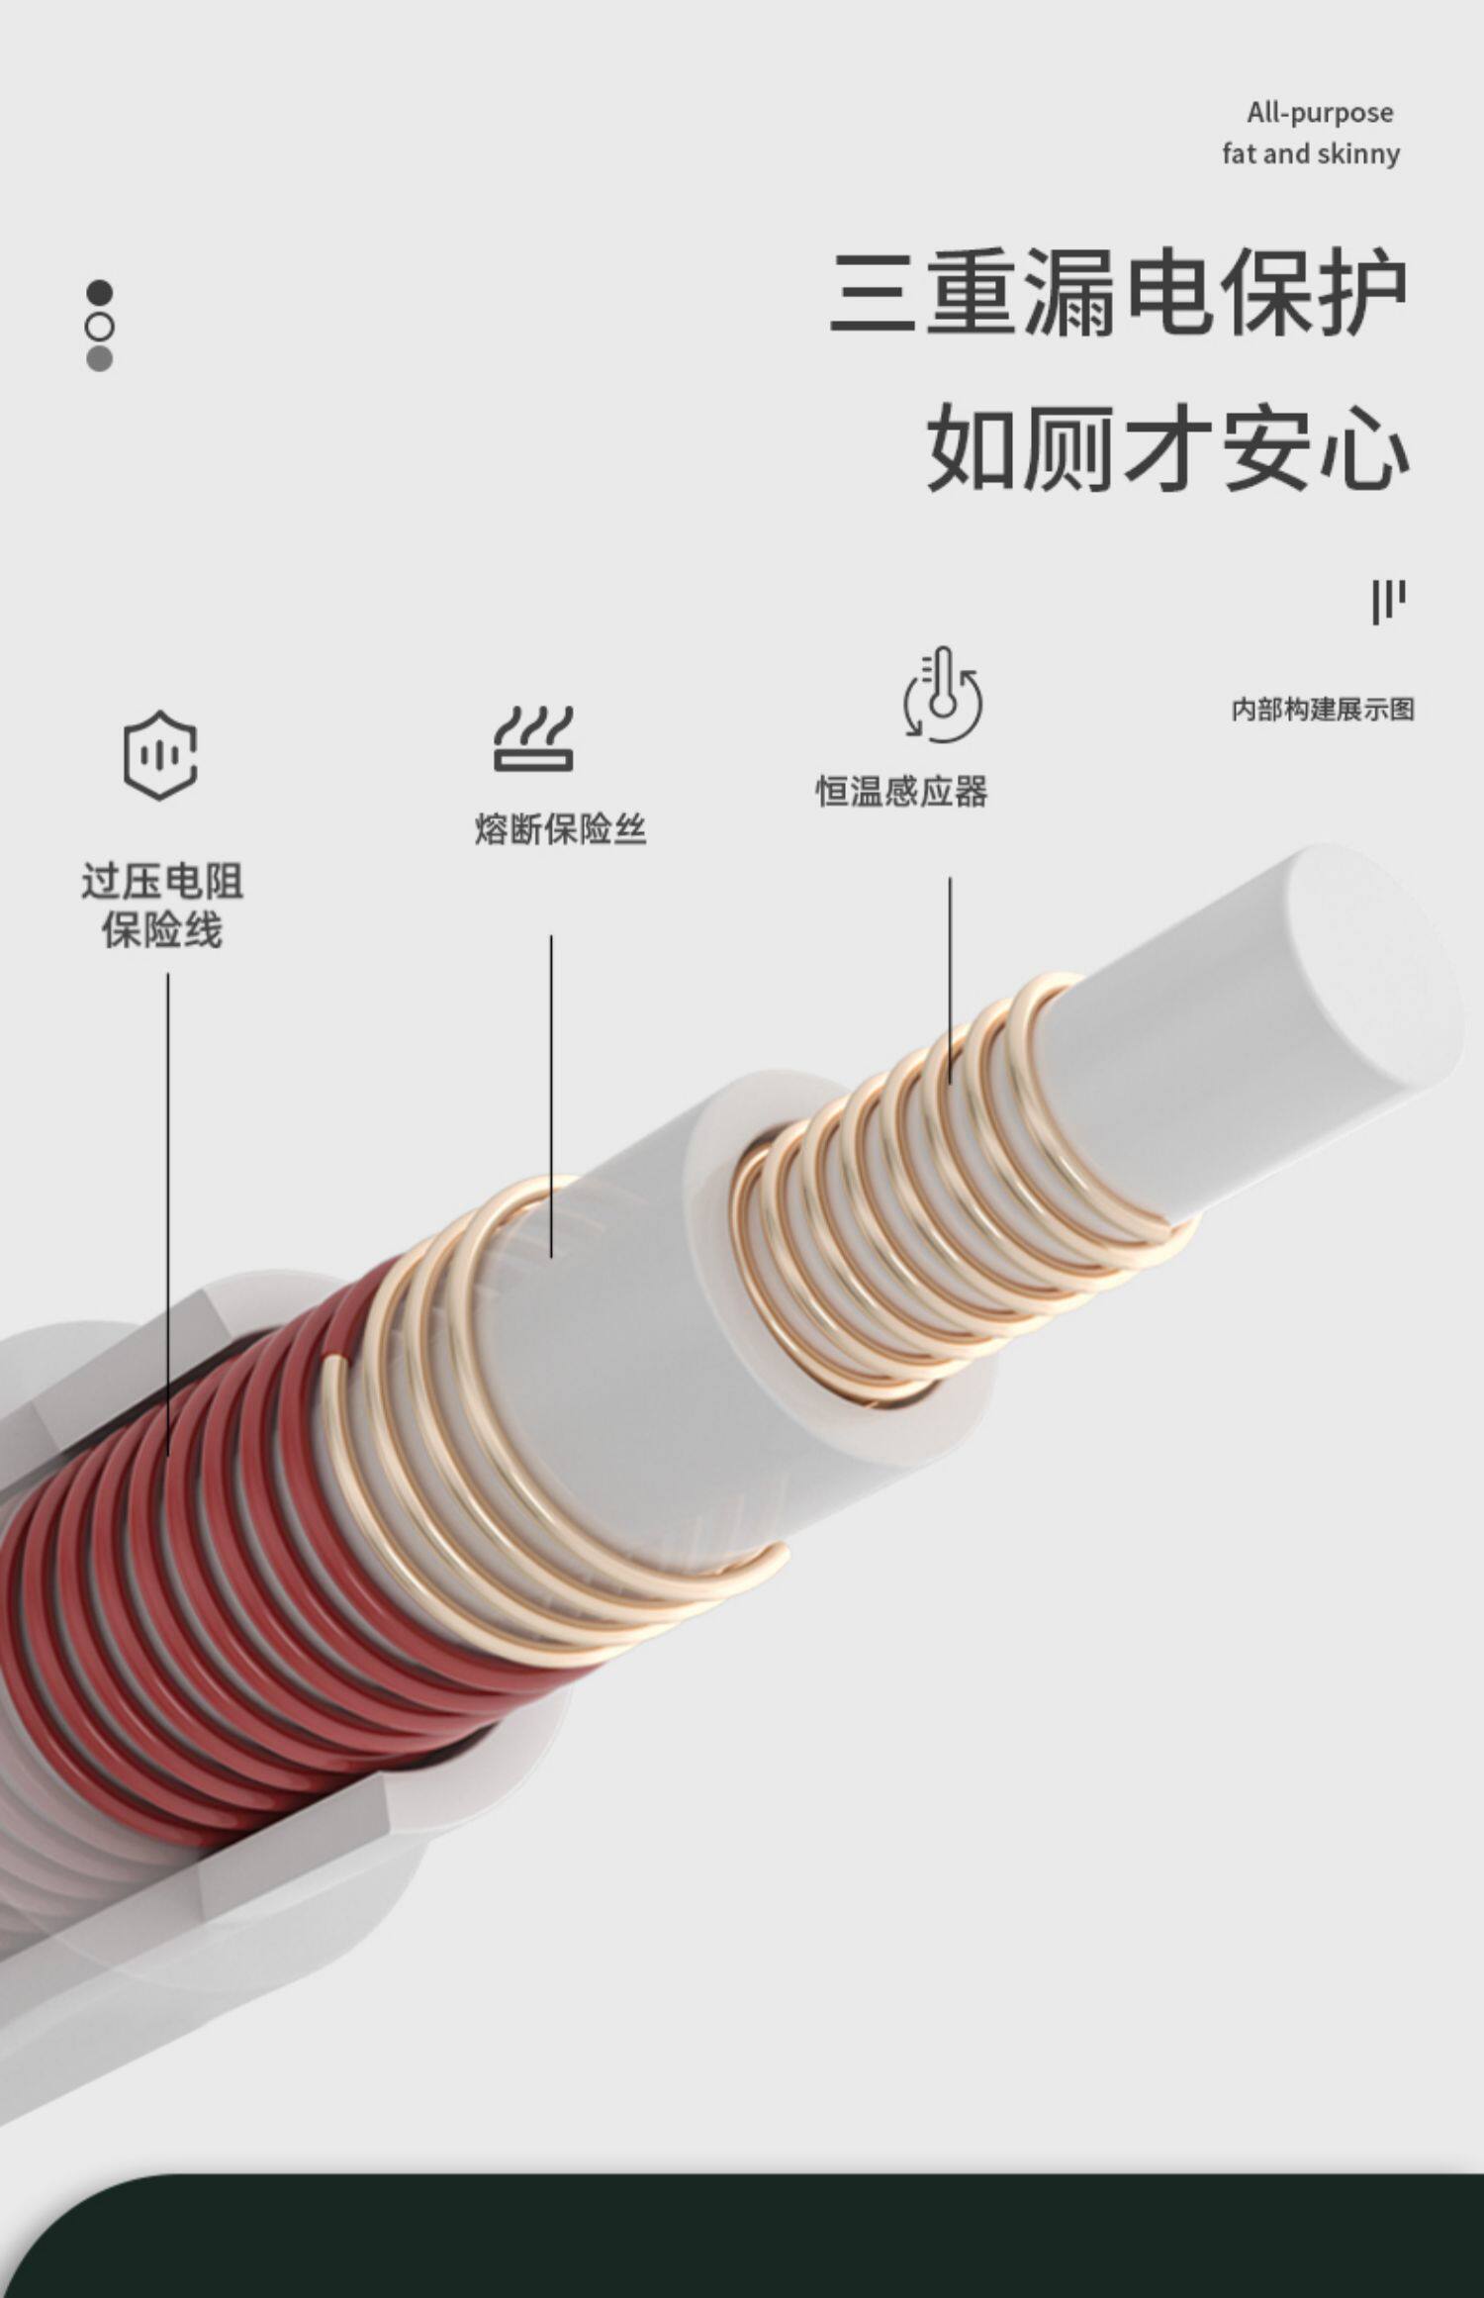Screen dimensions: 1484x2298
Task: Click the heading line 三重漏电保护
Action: point(1118,293)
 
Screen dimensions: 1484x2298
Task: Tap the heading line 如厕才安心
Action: point(1167,448)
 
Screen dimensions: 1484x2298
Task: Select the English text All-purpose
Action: point(1320,113)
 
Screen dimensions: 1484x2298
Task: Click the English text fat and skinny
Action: point(1311,153)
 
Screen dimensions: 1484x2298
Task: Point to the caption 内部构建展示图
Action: point(1322,709)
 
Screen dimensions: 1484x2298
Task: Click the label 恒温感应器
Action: point(901,792)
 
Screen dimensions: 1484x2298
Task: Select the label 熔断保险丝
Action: point(560,829)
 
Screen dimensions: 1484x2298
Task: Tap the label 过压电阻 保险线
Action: point(162,906)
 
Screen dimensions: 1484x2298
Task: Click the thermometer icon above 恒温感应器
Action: point(942,695)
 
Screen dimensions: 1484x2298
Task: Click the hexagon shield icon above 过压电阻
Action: point(160,755)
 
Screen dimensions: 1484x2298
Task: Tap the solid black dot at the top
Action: point(100,293)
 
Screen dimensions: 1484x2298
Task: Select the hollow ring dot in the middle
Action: point(100,327)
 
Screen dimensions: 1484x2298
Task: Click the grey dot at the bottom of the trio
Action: point(100,359)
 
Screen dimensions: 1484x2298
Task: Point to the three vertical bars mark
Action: point(1388,601)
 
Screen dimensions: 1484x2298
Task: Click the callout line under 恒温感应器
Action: point(951,980)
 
